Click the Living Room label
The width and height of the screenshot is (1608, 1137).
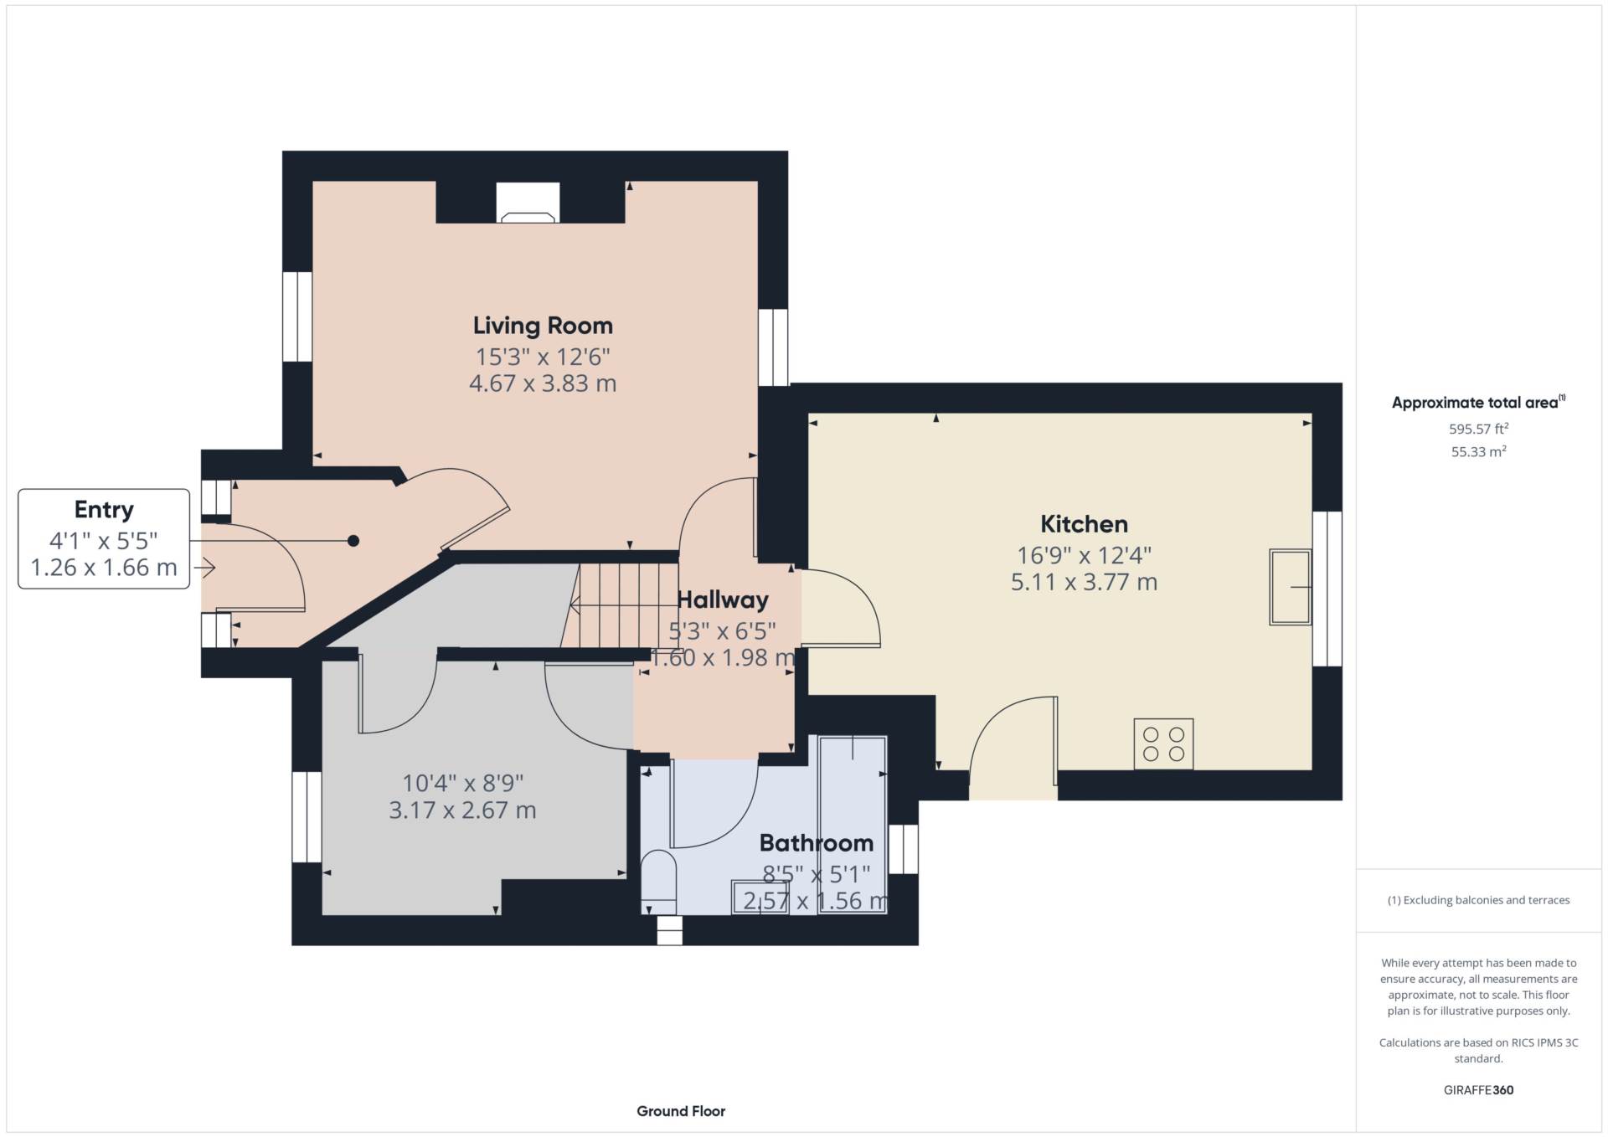[x=543, y=325]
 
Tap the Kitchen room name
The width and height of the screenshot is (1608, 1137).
[x=1084, y=524]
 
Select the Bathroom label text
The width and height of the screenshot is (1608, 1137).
[x=816, y=842]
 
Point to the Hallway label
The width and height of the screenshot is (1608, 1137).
[x=722, y=599]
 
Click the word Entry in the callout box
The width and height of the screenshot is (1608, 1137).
[x=104, y=510]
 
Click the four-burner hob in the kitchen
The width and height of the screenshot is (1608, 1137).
[x=1163, y=743]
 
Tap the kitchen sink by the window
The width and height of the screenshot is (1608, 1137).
[x=1291, y=587]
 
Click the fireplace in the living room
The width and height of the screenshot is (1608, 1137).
[x=528, y=203]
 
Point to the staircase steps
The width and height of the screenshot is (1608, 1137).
[x=620, y=605]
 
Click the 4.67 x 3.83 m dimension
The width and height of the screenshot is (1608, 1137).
[x=543, y=383]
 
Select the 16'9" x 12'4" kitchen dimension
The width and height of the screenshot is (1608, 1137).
[x=1084, y=555]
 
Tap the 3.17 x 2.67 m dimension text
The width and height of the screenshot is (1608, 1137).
[x=462, y=810]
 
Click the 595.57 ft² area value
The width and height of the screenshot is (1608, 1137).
[x=1478, y=429]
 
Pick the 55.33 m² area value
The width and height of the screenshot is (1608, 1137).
[x=1478, y=451]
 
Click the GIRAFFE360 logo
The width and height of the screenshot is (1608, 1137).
[x=1478, y=1090]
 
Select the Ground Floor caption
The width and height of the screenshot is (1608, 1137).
[x=681, y=1111]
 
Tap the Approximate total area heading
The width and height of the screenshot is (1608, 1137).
[x=1478, y=402]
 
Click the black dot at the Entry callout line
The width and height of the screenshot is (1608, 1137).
[x=353, y=541]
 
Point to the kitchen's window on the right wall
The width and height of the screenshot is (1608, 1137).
[x=1327, y=589]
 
